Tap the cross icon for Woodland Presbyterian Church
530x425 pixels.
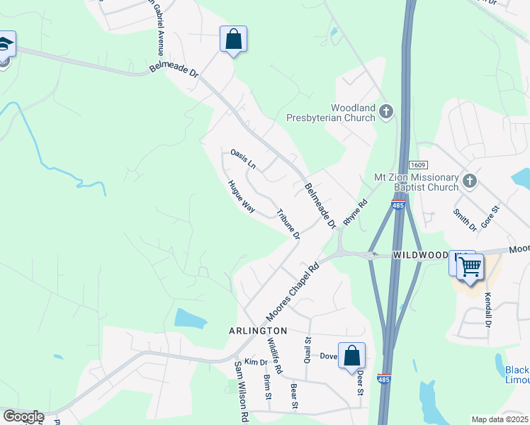coord(386,111)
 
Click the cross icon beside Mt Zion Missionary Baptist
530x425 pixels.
coord(468,182)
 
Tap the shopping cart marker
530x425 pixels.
coord(470,267)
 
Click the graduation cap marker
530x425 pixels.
coord(4,45)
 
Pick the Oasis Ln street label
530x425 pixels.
coord(243,158)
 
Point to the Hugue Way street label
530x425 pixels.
coord(241,196)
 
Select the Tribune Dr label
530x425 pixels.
coord(288,225)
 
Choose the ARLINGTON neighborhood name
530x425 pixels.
coord(258,331)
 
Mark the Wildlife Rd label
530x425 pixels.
coord(274,355)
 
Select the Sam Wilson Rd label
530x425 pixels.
coord(240,382)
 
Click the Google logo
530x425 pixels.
coord(23,416)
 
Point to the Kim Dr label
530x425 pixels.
coord(255,362)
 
